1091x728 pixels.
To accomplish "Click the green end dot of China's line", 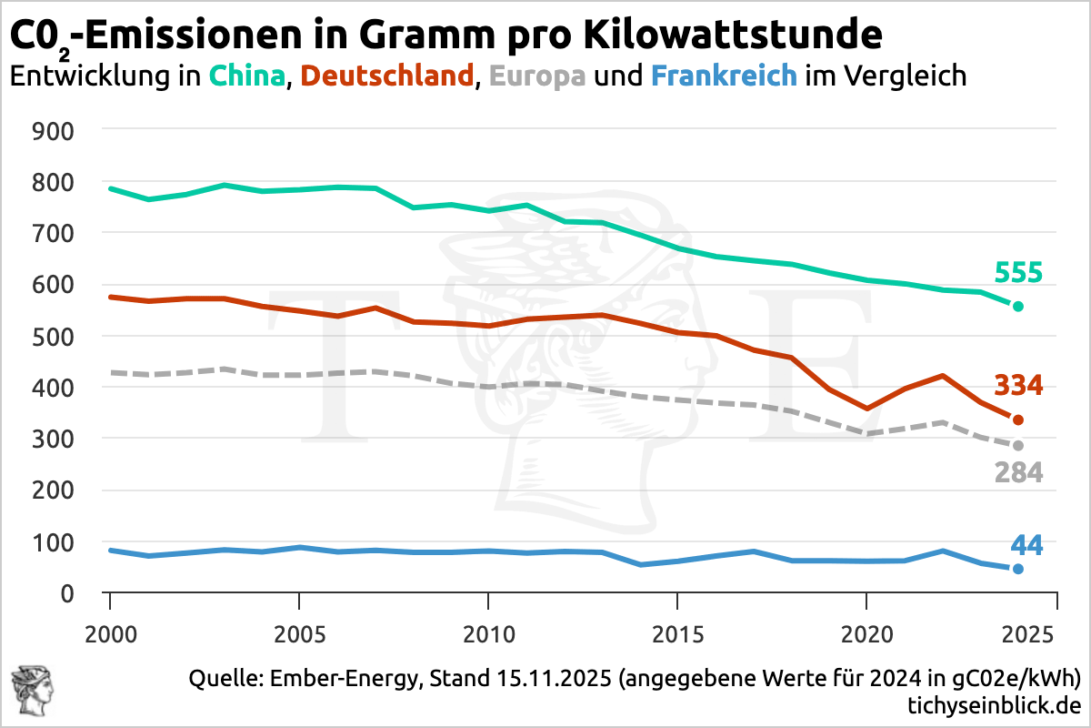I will point(1018,307).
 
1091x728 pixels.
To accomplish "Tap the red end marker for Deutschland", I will point(1018,420).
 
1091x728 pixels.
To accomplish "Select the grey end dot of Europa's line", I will point(1018,445).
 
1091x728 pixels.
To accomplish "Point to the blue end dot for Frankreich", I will point(1018,569).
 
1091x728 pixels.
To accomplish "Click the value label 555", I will point(1018,273).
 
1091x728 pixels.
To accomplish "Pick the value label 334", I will point(1018,386).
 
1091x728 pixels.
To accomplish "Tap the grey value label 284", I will point(1018,473).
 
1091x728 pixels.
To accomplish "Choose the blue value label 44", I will point(1026,545).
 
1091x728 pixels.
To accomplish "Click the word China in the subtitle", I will point(247,76).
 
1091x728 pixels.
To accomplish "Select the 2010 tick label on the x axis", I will point(488,631).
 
